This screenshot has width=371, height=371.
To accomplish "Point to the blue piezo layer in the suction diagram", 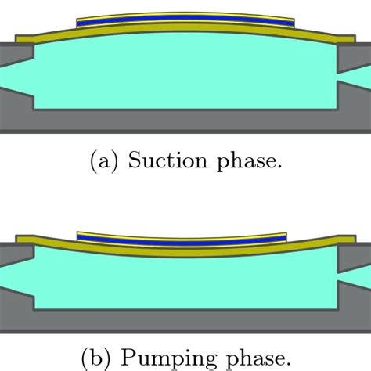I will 185,25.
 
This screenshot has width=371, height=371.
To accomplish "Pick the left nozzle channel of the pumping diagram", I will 14,276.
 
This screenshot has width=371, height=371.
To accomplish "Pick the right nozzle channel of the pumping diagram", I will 356,276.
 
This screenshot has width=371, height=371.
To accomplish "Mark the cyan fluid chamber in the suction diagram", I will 185,78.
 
